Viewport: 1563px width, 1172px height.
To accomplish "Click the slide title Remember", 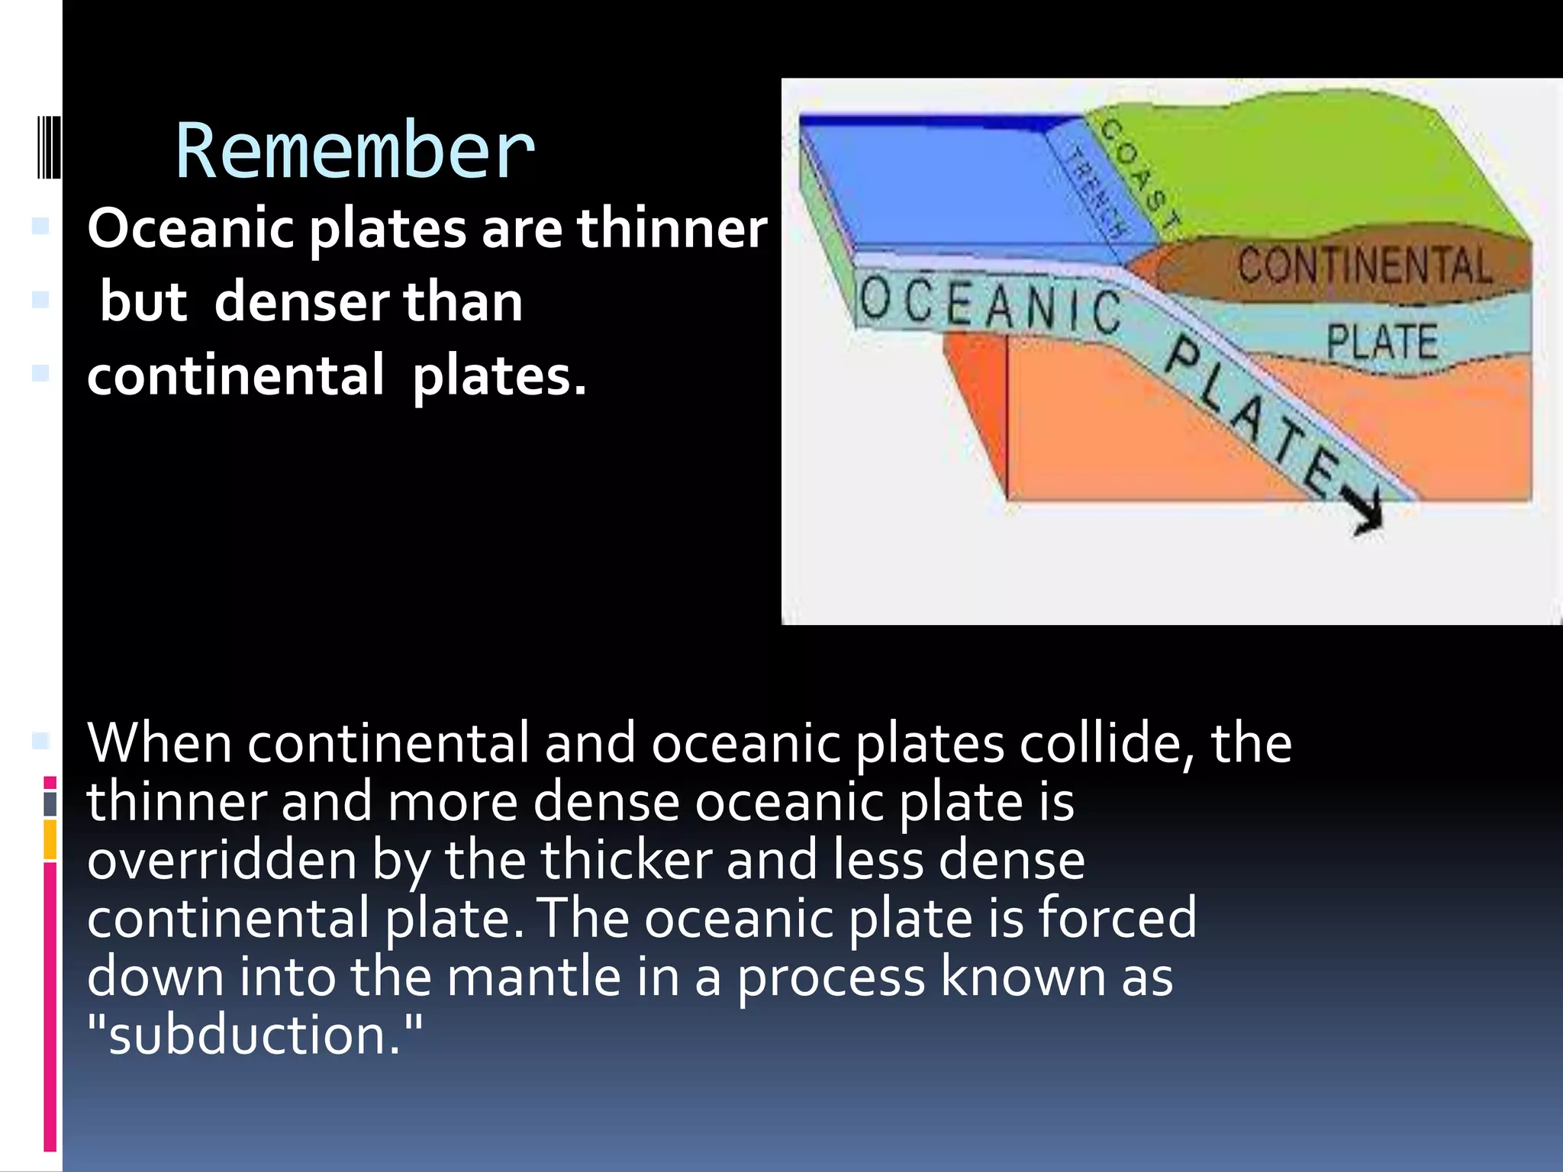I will tap(355, 151).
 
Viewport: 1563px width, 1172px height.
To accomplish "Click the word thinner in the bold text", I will tap(672, 228).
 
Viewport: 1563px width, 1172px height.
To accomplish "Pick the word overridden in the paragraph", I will tap(222, 860).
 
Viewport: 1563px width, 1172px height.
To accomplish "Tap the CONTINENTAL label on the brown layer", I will tap(1364, 266).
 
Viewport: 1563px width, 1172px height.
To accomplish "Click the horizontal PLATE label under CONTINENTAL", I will tap(1381, 342).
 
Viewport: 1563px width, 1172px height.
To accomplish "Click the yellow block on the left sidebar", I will tap(50, 839).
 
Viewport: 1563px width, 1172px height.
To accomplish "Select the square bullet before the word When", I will tap(40, 740).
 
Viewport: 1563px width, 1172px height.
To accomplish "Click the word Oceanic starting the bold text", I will tap(191, 228).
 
